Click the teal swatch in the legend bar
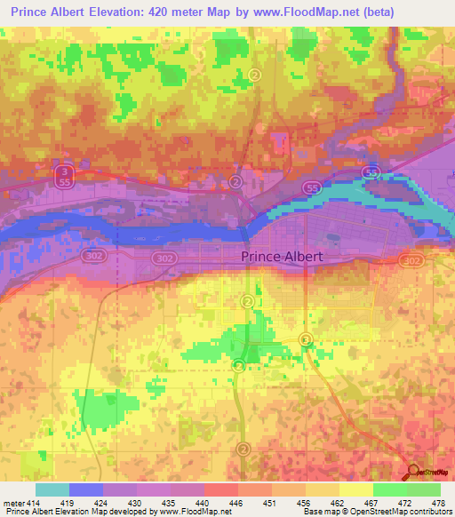coord(52,489)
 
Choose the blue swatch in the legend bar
coord(86,489)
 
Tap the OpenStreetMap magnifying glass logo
coord(413,472)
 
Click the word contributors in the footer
coord(428,512)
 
